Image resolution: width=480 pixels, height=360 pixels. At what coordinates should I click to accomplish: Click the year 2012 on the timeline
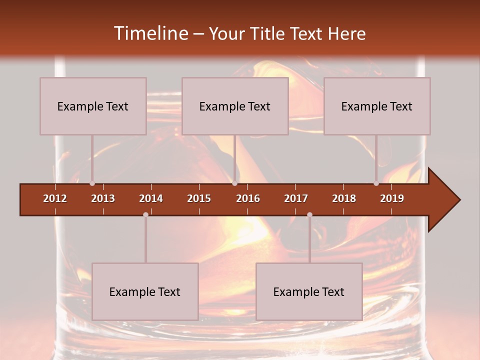55,198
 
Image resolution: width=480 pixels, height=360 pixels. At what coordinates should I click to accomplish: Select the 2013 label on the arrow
103,198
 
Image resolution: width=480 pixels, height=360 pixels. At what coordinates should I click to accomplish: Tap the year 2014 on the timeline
151,198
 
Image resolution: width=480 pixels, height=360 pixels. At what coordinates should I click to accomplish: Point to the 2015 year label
199,198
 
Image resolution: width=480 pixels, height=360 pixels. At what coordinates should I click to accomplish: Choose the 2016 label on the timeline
248,198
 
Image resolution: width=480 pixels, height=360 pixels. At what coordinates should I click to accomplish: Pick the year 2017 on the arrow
296,198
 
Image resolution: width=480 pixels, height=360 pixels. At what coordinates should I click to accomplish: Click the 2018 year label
344,198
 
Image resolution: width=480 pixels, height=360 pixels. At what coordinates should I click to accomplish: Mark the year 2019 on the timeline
392,198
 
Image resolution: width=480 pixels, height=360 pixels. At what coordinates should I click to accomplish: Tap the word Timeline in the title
150,33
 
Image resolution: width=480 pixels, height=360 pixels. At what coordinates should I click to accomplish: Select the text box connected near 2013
93,106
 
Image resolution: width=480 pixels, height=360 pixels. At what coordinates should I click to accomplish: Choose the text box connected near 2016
235,106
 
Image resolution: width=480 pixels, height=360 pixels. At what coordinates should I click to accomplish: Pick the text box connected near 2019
377,106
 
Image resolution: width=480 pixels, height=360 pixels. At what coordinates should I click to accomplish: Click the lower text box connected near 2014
145,291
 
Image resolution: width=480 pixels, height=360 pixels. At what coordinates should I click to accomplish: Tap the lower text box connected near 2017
309,291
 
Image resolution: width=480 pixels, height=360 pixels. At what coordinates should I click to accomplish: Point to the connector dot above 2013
92,183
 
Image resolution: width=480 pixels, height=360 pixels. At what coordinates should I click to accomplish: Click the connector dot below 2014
145,214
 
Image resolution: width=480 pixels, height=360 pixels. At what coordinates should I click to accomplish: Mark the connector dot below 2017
309,214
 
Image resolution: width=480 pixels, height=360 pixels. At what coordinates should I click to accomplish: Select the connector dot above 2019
376,183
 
